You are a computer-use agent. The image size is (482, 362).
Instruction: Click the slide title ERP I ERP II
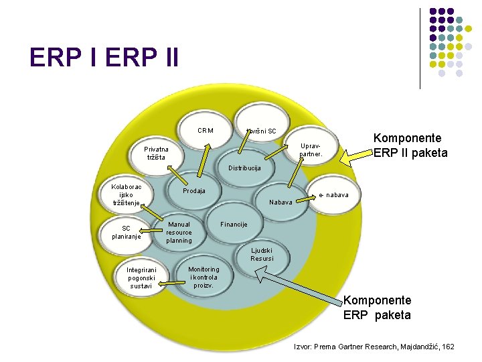click(x=104, y=58)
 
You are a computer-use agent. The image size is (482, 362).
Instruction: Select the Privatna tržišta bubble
click(x=158, y=153)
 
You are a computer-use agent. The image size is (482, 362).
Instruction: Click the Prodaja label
click(x=194, y=191)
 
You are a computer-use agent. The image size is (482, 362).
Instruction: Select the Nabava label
click(x=280, y=202)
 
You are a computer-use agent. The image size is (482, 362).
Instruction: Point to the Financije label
click(x=234, y=224)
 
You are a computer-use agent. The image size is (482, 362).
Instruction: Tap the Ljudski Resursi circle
click(x=262, y=254)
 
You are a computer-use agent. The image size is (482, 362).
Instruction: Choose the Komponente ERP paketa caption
click(x=377, y=308)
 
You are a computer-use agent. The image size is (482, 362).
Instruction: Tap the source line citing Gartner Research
click(x=374, y=347)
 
